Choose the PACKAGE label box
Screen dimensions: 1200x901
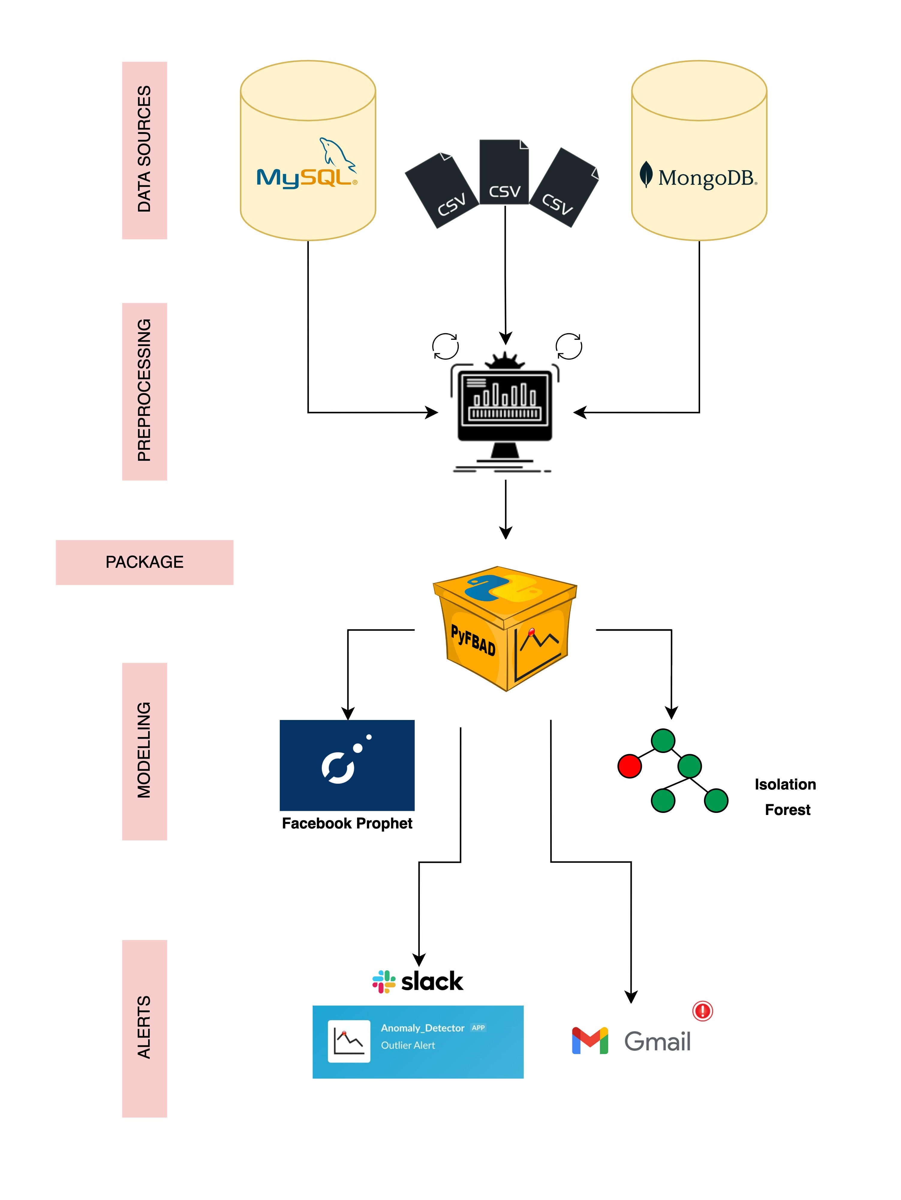[145, 562]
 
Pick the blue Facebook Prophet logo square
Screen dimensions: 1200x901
[347, 765]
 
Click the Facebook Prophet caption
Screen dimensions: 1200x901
[347, 823]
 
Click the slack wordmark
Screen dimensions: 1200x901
[432, 981]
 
